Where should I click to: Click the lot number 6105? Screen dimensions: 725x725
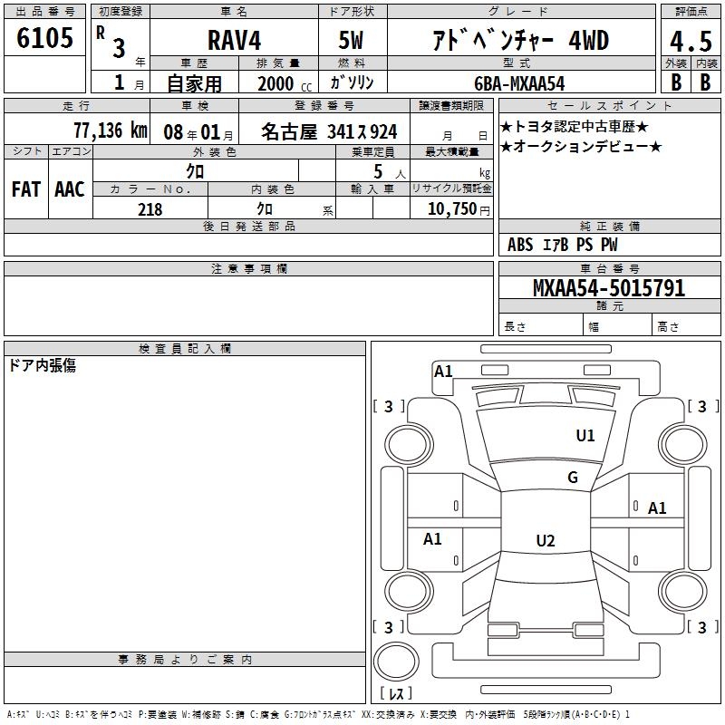point(44,38)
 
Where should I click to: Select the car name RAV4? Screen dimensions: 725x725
point(234,40)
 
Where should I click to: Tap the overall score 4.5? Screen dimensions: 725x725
point(691,42)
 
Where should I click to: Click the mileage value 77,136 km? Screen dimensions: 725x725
point(111,130)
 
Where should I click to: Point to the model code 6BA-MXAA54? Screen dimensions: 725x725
point(519,83)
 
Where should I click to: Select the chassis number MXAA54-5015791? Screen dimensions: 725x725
point(609,288)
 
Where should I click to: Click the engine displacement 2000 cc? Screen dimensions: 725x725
point(285,83)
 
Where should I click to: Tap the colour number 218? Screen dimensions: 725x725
point(150,209)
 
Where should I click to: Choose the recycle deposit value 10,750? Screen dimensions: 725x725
point(452,209)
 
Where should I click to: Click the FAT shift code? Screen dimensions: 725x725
point(26,189)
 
